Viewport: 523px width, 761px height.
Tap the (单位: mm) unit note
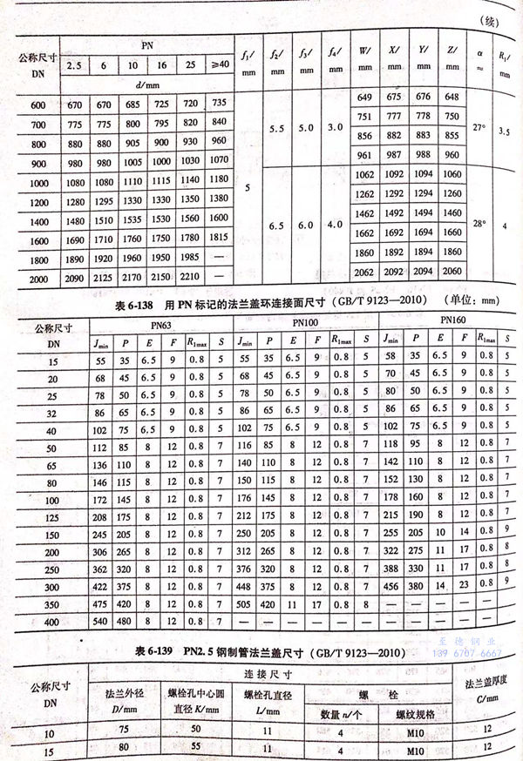coord(474,302)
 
